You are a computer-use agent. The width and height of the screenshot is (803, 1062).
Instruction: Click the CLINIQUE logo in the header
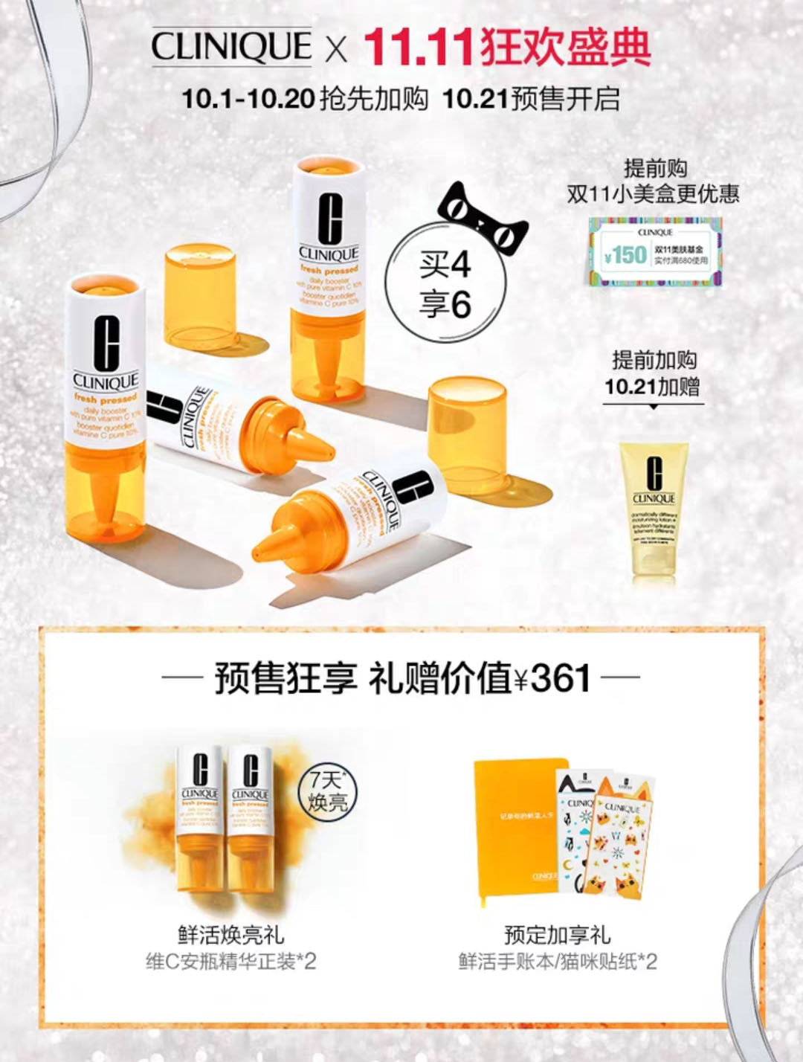[x=231, y=47]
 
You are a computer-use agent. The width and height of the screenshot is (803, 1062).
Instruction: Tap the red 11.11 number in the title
[x=419, y=47]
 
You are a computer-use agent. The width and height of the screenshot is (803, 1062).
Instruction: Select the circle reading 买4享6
[x=445, y=285]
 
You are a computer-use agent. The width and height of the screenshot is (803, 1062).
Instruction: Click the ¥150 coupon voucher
[x=655, y=250]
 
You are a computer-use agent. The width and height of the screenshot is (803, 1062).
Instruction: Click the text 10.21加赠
[x=651, y=387]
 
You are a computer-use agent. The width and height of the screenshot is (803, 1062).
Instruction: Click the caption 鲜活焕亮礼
[x=231, y=935]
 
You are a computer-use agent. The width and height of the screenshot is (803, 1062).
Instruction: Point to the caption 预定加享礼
[x=557, y=935]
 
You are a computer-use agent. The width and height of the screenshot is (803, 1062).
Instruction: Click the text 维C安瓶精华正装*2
[x=231, y=962]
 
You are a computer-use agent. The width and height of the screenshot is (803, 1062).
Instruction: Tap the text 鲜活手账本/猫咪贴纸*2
[x=557, y=962]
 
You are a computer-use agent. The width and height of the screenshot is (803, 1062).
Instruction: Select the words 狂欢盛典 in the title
[x=566, y=47]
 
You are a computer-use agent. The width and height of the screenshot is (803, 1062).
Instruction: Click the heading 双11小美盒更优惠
[x=654, y=194]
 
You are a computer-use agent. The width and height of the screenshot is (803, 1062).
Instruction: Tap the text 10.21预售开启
[x=531, y=99]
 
